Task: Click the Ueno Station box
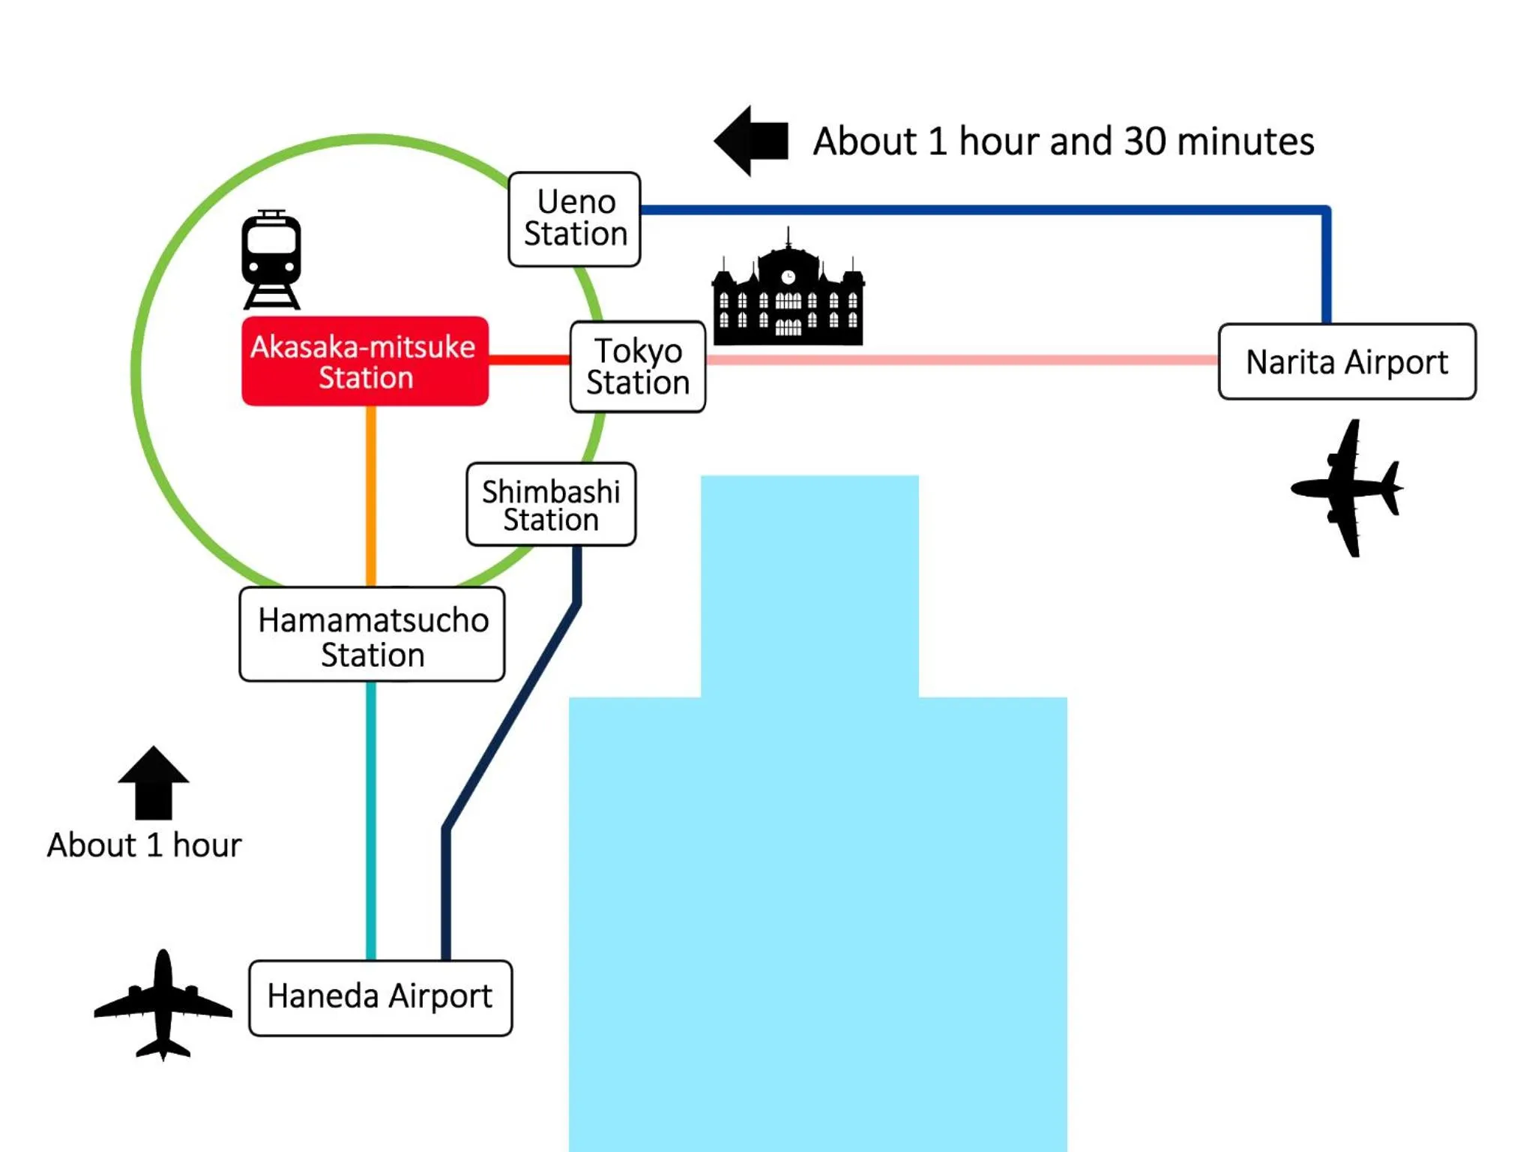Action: point(574,219)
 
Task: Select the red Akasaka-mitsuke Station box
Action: point(365,361)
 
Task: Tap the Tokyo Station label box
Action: point(638,367)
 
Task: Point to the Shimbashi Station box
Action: point(551,504)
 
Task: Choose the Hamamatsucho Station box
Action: point(373,634)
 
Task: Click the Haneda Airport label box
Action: point(381,997)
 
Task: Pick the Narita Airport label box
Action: point(1347,361)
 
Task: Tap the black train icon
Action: point(271,259)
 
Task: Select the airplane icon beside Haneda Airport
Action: point(163,1005)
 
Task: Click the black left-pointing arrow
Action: point(752,140)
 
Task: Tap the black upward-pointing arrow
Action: point(154,783)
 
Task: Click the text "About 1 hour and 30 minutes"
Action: point(1064,141)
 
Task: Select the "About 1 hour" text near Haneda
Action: point(145,845)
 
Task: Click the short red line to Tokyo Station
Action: point(529,360)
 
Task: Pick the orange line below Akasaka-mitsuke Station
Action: point(371,495)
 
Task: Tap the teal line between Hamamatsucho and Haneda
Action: point(371,820)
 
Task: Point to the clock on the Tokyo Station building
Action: point(788,277)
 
